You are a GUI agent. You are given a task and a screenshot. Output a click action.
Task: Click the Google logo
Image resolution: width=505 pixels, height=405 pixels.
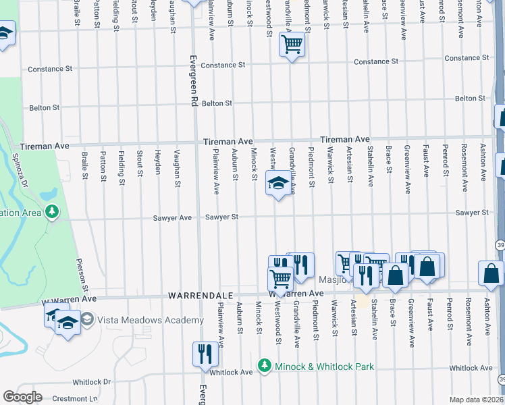pos(23,397)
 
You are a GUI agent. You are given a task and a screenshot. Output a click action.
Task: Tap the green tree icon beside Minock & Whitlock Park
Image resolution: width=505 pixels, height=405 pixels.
pos(265,367)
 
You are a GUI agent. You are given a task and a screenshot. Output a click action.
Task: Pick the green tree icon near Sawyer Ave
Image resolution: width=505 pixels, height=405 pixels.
pos(52,213)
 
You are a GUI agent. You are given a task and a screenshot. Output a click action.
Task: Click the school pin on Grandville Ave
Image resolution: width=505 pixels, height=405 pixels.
pos(277,182)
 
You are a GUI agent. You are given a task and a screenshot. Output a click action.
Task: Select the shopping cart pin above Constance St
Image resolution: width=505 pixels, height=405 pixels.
pos(291,45)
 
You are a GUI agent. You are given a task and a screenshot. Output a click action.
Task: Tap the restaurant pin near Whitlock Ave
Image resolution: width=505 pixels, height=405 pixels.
pos(205,353)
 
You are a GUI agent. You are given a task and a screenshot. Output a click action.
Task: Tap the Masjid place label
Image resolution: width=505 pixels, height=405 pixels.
pos(333,279)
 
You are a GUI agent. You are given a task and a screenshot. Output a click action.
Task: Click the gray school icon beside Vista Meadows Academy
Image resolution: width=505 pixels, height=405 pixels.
pos(87,318)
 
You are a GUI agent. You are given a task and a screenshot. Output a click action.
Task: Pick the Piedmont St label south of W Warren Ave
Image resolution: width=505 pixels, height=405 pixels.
pos(316,315)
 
